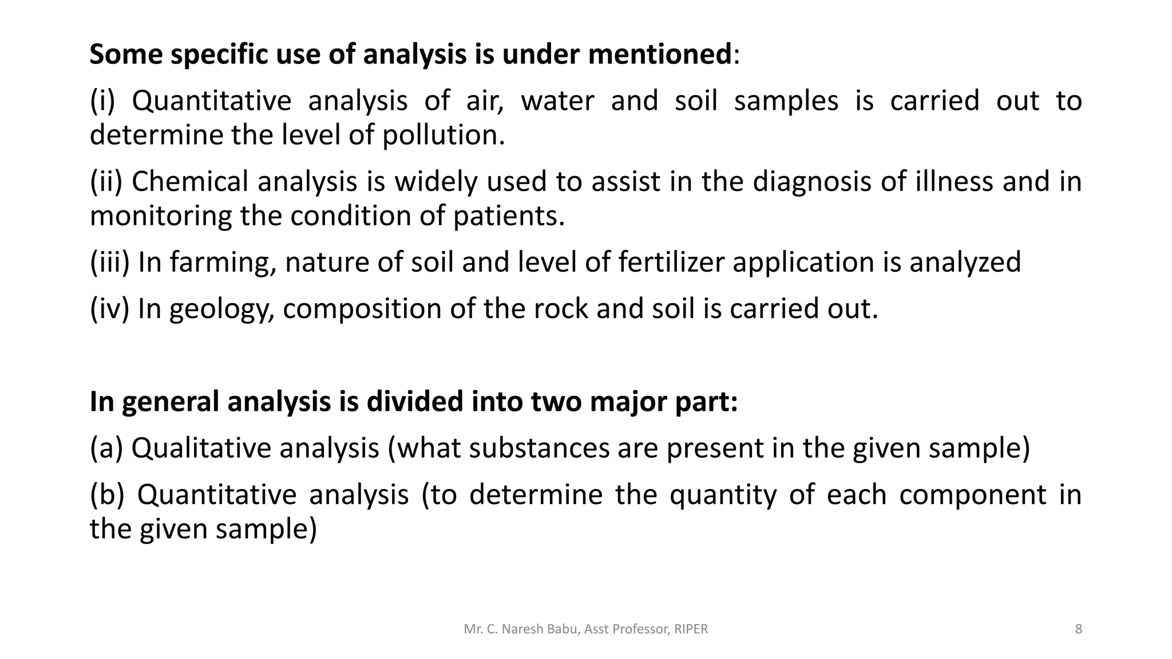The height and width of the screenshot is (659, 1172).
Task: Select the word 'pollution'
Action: coord(444,136)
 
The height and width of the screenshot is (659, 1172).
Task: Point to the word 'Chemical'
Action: coord(191,182)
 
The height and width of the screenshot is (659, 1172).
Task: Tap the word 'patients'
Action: coord(509,216)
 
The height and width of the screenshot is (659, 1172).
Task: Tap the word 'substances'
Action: coord(539,448)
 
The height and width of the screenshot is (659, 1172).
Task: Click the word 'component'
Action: coord(972,495)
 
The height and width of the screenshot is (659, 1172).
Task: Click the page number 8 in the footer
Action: coord(1079,629)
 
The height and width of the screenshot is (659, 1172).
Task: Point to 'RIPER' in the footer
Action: coord(691,629)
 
